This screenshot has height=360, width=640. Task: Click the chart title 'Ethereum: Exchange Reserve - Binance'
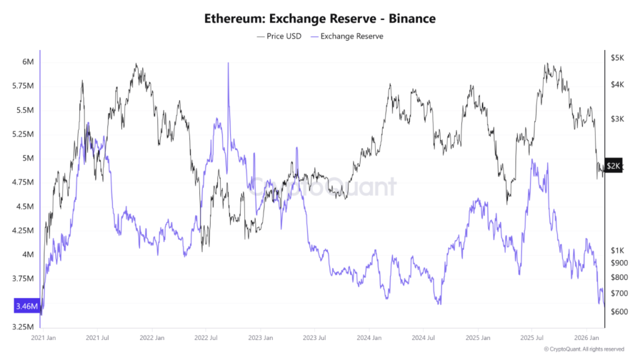pyautogui.click(x=320, y=19)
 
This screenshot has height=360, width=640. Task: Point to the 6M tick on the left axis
pyautogui.click(x=28, y=61)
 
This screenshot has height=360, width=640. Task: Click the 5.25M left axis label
pyautogui.click(x=23, y=134)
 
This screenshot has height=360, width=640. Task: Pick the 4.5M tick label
pyautogui.click(x=25, y=207)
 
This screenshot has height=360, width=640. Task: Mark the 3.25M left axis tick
pyautogui.click(x=23, y=327)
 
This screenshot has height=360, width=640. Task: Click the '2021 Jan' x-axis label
pyautogui.click(x=44, y=337)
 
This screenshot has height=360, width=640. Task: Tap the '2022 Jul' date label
pyautogui.click(x=206, y=337)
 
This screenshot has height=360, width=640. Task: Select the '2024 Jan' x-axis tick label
pyautogui.click(x=369, y=337)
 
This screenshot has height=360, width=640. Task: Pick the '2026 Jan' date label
pyautogui.click(x=586, y=337)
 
